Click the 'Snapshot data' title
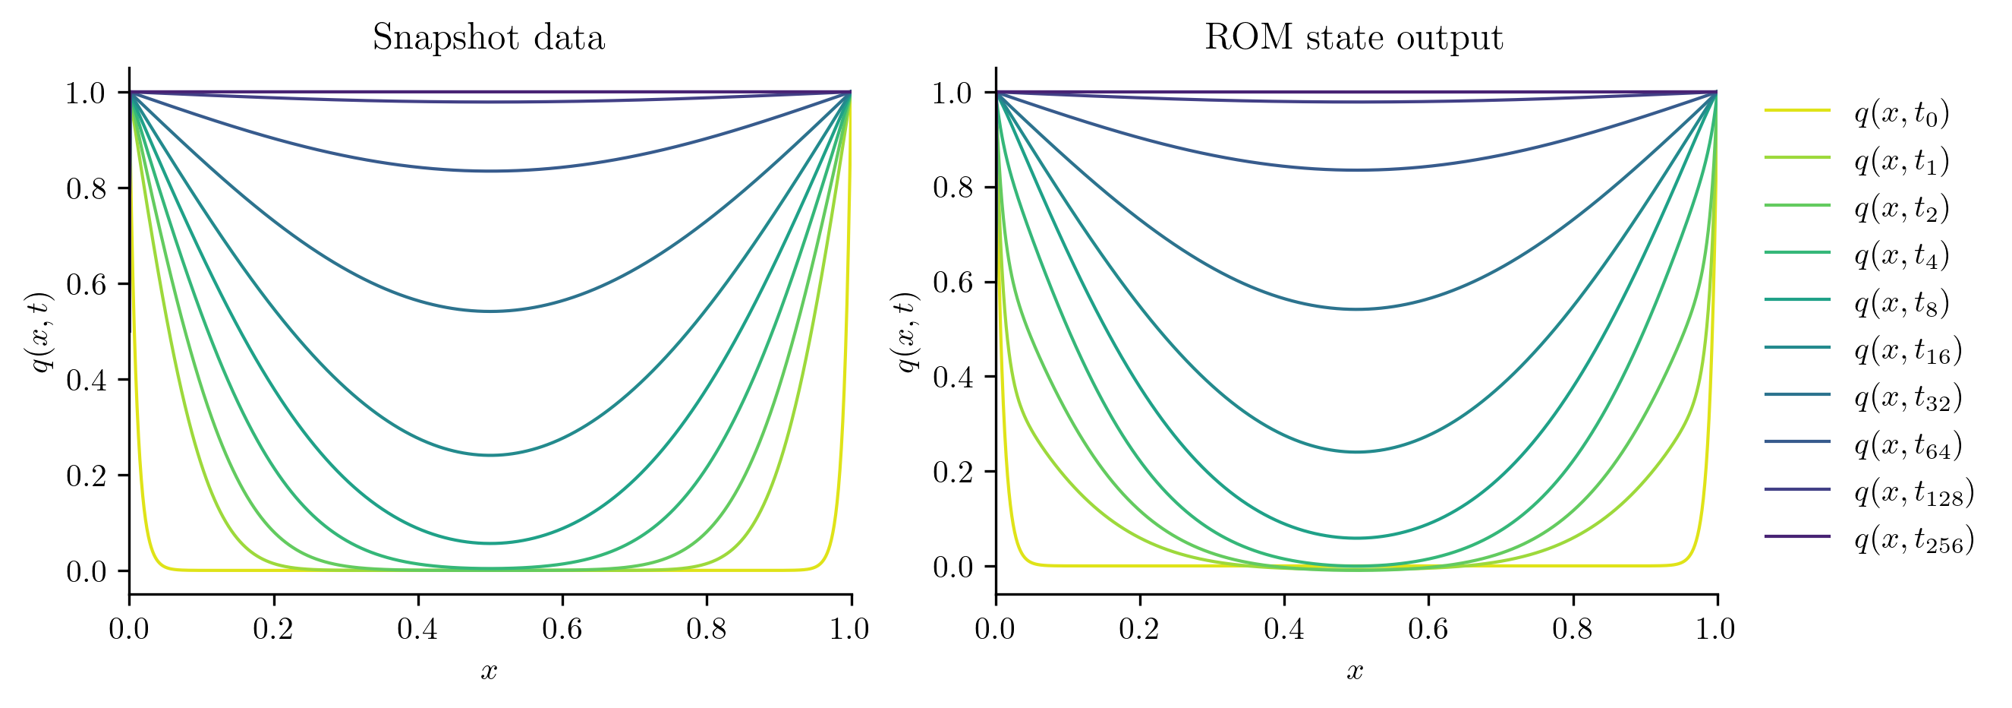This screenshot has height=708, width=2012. pos(488,37)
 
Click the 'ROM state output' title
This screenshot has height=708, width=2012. pos(1353,37)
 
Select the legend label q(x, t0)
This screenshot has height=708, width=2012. pos(1902,113)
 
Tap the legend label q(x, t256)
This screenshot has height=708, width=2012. pos(1914,539)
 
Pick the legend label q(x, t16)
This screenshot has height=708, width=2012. pos(1908,350)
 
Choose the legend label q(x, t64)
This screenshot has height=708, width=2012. pos(1908,444)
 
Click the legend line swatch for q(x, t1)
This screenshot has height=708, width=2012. pos(1797,158)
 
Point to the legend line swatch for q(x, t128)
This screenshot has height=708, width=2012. pos(1797,489)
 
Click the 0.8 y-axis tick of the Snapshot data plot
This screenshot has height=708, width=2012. pos(86,188)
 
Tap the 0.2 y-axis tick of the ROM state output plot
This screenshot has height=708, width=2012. pos(953,472)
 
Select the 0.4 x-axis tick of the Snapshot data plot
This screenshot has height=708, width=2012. pos(418,629)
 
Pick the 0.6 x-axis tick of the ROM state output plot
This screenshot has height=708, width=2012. pos(1428,629)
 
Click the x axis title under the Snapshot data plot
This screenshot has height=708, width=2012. pos(489,671)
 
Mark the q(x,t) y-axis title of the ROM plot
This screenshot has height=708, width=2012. pos(906,332)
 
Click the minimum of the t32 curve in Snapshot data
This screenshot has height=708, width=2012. pos(490,311)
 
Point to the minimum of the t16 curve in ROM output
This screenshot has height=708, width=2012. pos(1357,452)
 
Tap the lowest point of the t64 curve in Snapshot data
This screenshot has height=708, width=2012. pos(490,170)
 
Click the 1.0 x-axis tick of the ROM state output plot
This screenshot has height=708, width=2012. pos(1716,629)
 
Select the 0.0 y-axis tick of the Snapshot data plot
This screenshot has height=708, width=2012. pos(86,571)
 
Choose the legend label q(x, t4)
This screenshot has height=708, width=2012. pos(1902,255)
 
